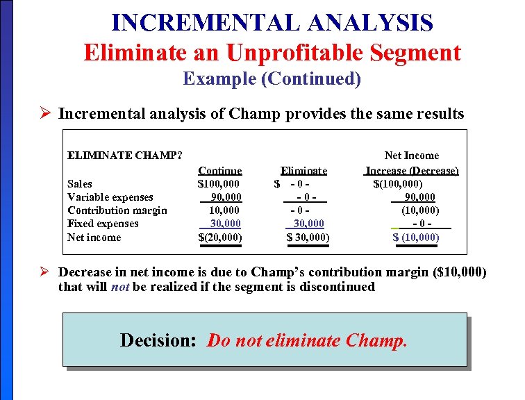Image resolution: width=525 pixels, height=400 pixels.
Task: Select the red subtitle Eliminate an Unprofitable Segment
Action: click(272, 52)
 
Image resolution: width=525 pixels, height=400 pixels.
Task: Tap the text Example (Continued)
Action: click(272, 78)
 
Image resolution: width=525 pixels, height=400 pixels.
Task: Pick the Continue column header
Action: click(219, 170)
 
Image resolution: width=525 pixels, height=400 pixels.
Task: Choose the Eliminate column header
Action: click(303, 170)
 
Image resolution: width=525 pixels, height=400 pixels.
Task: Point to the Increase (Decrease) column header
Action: click(412, 170)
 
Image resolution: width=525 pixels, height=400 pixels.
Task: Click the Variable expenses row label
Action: click(110, 197)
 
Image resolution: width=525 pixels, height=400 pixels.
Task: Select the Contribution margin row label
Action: click(117, 210)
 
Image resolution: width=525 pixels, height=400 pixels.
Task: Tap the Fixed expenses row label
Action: click(103, 224)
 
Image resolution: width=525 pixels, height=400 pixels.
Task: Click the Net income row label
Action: click(94, 237)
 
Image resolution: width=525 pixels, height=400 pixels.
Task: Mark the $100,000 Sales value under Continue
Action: click(219, 183)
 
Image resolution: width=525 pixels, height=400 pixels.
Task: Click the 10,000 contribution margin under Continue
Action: click(224, 210)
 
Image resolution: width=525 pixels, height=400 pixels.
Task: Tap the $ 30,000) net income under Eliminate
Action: click(308, 237)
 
